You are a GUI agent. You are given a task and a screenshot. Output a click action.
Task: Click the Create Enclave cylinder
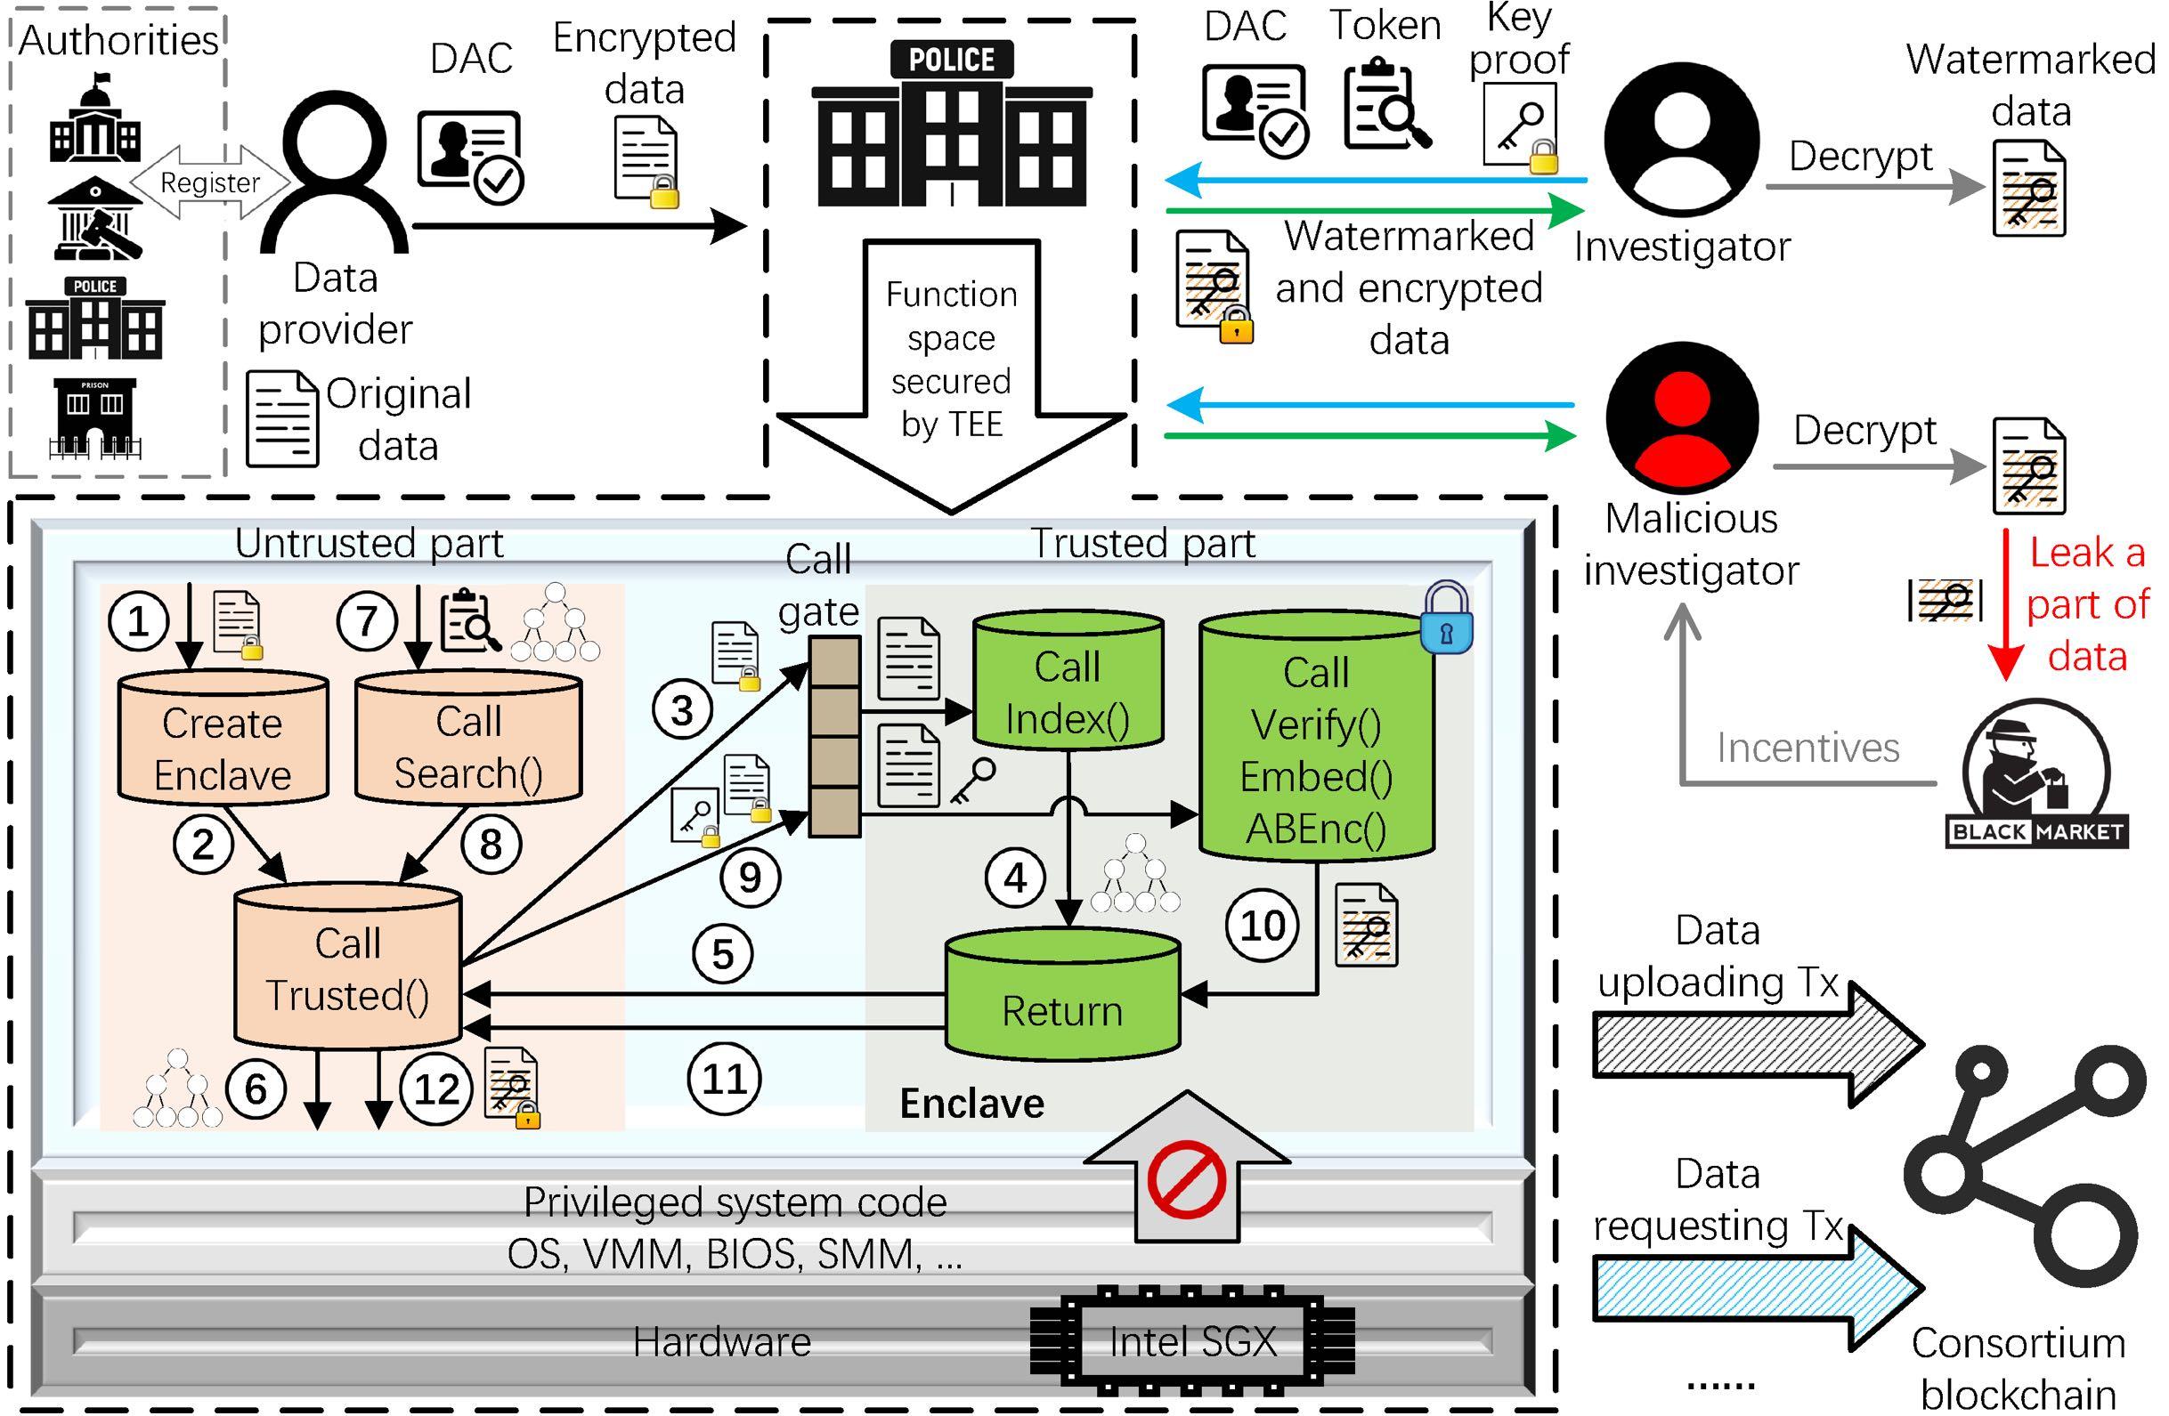point(223,738)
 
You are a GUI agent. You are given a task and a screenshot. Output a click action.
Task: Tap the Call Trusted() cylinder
point(347,968)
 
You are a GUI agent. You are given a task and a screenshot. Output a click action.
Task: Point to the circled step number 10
point(1263,926)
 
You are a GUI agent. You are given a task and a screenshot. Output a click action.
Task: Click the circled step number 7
point(366,621)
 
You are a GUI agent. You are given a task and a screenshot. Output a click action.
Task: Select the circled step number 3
point(683,710)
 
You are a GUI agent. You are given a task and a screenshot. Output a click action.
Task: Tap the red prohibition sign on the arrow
point(1187,1178)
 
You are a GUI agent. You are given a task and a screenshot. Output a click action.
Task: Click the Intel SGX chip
point(1192,1340)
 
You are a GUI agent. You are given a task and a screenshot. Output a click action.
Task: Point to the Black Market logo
point(2037,774)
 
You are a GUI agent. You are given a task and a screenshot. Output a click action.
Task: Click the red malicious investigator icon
point(1682,418)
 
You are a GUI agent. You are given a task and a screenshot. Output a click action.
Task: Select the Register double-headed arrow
point(210,182)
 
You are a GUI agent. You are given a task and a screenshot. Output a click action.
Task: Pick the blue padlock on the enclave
point(1446,619)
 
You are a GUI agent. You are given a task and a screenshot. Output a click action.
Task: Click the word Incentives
point(1808,748)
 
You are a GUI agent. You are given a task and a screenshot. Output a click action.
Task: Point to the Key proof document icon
point(1519,125)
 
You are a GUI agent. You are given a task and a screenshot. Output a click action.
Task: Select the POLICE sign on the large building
point(952,61)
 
